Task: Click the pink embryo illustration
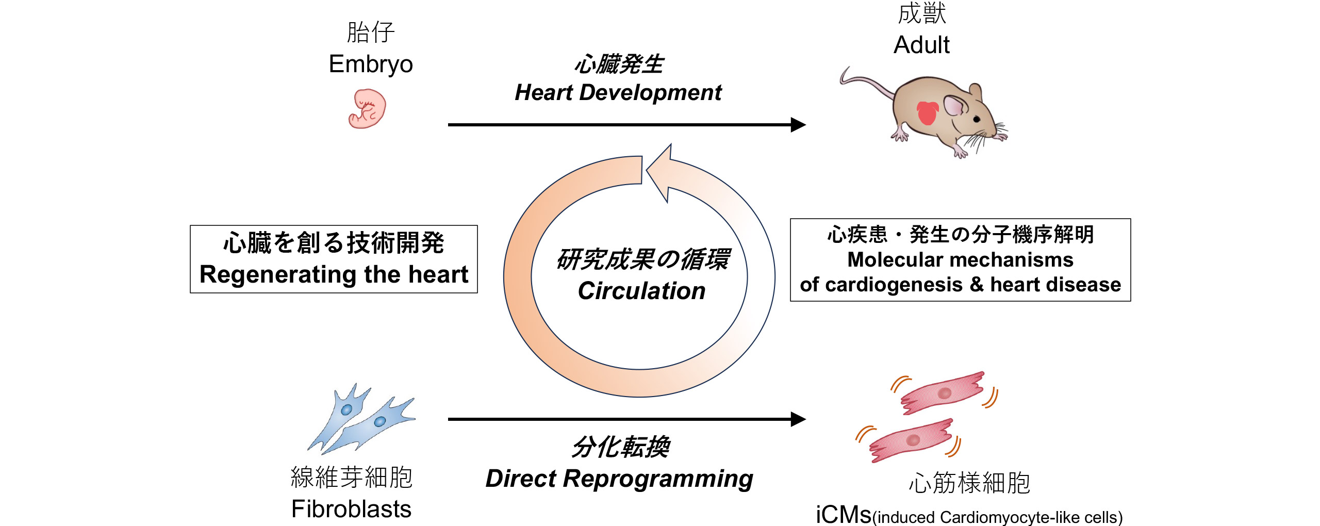pos(367,109)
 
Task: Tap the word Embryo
pos(371,64)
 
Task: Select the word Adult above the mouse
pos(921,45)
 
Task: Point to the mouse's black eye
pos(977,119)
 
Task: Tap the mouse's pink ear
pos(954,106)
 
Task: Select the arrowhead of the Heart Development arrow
pos(798,125)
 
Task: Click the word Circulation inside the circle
pos(641,291)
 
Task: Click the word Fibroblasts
pos(351,509)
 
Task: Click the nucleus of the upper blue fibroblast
pos(346,410)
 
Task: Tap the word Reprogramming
pos(658,479)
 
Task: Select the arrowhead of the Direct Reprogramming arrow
pos(798,419)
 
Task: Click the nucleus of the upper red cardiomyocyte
pos(944,393)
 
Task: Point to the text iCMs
pos(843,515)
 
